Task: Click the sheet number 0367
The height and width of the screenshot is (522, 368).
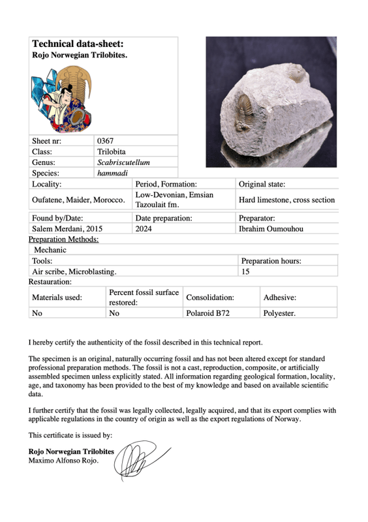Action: [106, 140]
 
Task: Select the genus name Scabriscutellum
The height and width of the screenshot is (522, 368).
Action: [123, 162]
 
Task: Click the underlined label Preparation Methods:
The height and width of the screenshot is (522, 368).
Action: [64, 239]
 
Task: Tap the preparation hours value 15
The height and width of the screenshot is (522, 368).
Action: [246, 271]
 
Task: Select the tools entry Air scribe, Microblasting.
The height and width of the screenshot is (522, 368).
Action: [74, 271]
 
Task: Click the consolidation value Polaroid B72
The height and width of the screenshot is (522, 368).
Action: [207, 313]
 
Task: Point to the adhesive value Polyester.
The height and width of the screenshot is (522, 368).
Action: [279, 313]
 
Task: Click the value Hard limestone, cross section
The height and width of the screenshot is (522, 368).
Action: [286, 200]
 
